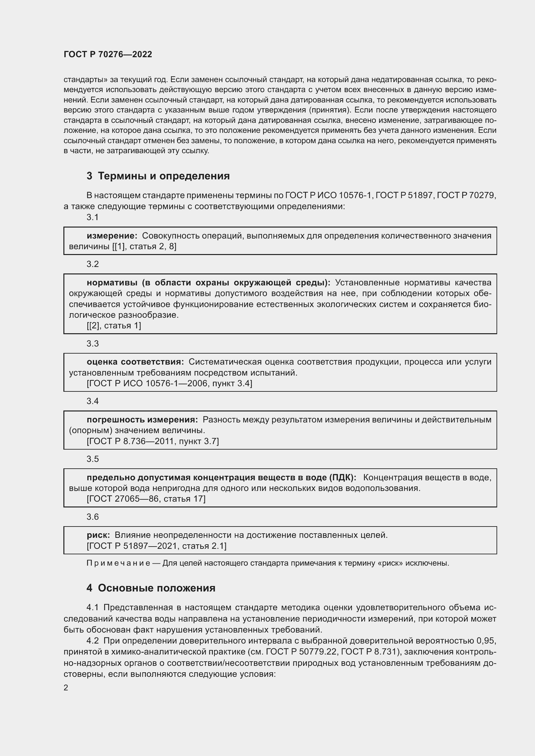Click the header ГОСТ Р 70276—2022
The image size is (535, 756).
108,54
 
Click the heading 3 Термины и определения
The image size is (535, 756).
158,176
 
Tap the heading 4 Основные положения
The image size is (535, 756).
151,588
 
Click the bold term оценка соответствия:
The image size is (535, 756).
136,362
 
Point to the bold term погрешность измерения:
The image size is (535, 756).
142,420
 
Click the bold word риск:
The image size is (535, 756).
98,535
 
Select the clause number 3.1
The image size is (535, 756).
93,217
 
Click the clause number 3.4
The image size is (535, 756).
93,401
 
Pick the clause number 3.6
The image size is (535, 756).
93,516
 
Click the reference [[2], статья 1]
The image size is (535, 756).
114,326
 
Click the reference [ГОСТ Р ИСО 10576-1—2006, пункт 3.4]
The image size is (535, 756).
169,383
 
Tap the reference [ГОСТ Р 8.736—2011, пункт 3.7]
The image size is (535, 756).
153,441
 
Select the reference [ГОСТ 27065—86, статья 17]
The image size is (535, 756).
146,499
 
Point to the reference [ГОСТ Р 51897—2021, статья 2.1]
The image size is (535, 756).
157,546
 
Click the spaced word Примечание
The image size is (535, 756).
118,563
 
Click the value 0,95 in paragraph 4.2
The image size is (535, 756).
486,641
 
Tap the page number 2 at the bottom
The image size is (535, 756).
66,688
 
